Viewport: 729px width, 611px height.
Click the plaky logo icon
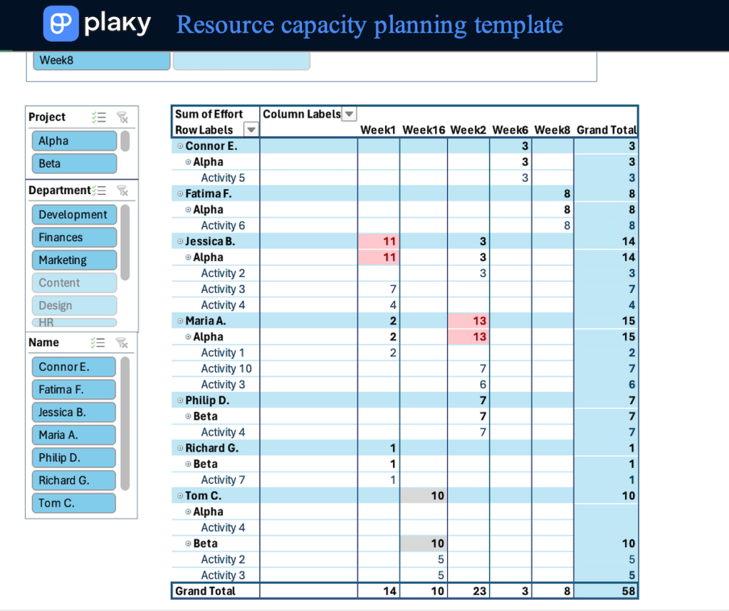61,23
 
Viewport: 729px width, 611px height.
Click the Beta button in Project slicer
73,164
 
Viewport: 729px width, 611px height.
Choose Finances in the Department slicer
73,238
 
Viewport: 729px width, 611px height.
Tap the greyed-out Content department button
73,283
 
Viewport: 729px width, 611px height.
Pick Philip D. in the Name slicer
73,458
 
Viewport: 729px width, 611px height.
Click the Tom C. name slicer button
73,503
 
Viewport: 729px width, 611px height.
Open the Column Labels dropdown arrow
350,114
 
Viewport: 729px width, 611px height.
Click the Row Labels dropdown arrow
251,129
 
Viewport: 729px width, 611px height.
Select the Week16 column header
424,130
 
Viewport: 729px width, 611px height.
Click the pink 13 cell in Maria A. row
468,321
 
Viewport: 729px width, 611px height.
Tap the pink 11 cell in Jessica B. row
378,241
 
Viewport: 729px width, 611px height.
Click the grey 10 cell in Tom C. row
424,496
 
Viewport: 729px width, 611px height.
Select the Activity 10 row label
226,368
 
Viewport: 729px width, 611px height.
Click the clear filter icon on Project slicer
122,117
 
